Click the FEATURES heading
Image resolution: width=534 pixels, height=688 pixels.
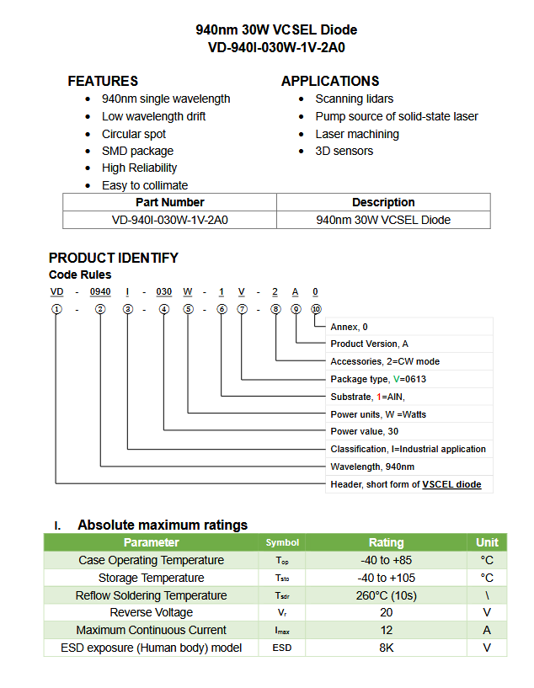coord(103,81)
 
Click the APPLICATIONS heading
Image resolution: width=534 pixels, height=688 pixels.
coord(330,81)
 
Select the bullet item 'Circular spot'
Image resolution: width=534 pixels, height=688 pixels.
coord(133,134)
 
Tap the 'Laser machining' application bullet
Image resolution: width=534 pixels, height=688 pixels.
coord(356,134)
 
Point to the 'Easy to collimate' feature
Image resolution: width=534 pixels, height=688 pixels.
coord(144,185)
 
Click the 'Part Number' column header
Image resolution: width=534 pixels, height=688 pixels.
coord(169,202)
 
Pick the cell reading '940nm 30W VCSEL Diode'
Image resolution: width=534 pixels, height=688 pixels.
coord(383,220)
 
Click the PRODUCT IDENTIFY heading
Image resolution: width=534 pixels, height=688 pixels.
coord(114,258)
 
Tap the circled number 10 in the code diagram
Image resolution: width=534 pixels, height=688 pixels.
coord(316,309)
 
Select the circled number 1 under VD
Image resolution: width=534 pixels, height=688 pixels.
coord(56,309)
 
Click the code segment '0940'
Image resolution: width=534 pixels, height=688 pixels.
coord(100,291)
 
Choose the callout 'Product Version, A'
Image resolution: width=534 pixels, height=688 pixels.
coord(369,344)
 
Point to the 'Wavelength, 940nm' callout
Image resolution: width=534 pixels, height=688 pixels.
coord(372,467)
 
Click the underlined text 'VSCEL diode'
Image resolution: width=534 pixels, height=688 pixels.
coord(451,484)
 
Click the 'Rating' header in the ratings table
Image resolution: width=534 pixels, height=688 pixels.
coord(386,542)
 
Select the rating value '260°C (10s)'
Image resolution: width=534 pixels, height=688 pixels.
coord(386,595)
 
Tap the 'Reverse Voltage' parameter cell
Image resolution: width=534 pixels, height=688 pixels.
coord(151,612)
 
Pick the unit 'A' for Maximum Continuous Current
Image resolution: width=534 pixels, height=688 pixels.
coord(487,630)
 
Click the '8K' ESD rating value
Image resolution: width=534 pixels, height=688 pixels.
coord(386,648)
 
